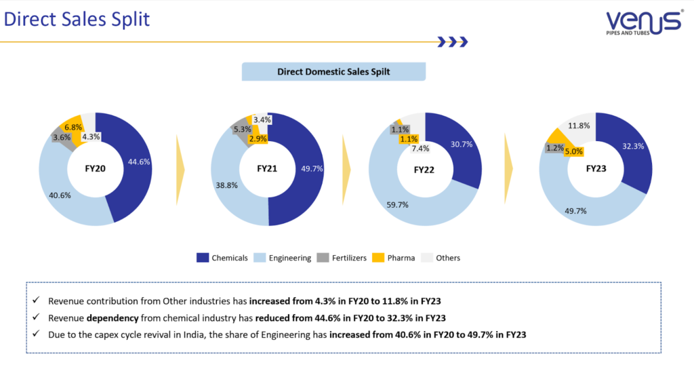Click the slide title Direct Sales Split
tap(77, 19)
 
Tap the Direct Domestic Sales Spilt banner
tap(333, 71)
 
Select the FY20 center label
tap(96, 168)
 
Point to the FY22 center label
tap(425, 169)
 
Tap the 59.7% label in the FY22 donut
tap(397, 204)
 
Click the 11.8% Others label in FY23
tap(578, 126)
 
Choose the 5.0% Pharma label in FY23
tap(574, 151)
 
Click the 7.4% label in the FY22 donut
tap(420, 149)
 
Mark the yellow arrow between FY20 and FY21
tap(180, 169)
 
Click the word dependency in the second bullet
tap(110, 318)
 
